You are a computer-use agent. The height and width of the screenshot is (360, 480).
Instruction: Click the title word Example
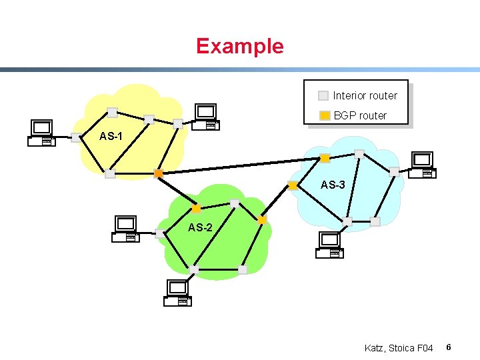(239, 46)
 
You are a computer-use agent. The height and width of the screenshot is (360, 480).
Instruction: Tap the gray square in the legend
(323, 95)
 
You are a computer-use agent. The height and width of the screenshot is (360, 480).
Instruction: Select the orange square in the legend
(324, 115)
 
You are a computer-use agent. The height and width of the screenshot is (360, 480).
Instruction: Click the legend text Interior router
(365, 95)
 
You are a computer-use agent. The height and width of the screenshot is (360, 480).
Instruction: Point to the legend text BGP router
(360, 115)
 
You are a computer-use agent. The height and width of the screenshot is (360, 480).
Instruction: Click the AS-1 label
(111, 137)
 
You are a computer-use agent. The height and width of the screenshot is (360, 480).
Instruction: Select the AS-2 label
(200, 227)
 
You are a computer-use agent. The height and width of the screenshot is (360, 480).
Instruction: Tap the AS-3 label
(333, 185)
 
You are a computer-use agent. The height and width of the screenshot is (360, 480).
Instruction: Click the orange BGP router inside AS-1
(158, 173)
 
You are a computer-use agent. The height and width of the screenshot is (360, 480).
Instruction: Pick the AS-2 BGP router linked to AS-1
(196, 208)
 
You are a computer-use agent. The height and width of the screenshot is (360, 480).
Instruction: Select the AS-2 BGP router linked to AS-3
(262, 219)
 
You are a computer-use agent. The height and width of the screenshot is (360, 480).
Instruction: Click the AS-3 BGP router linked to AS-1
(325, 158)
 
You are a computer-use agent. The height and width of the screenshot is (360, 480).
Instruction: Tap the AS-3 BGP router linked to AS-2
(293, 185)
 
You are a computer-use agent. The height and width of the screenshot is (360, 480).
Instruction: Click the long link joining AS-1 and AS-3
(240, 165)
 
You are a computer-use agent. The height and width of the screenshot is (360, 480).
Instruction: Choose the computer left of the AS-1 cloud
(41, 133)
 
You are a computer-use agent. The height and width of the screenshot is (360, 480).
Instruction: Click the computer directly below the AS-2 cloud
(178, 293)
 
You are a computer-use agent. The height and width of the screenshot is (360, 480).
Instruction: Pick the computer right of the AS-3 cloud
(423, 165)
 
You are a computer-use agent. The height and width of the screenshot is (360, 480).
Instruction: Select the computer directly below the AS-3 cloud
(329, 245)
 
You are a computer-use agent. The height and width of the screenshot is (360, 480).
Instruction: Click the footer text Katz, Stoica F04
(399, 348)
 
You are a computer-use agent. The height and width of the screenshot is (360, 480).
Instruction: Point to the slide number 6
(449, 347)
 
